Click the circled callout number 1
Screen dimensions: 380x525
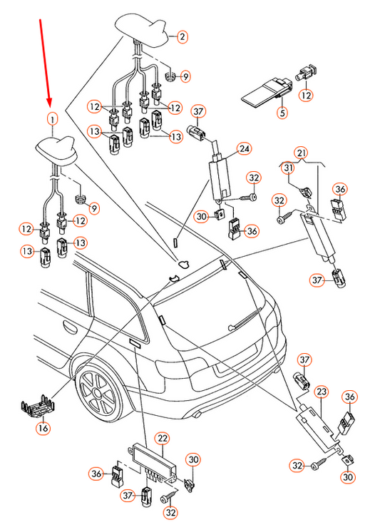52,119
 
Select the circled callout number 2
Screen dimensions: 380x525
183,36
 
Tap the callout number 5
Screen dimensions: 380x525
282,113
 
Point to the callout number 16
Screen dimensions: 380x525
43,428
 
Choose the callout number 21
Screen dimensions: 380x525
302,153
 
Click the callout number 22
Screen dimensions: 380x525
163,438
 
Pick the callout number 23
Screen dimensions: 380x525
322,392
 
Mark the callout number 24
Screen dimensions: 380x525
245,148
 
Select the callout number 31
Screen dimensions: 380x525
288,168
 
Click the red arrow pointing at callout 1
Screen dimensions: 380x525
46,62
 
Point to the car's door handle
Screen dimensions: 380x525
71,328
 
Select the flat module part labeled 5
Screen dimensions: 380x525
266,93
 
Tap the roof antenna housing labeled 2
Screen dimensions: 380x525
143,29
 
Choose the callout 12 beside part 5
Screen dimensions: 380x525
307,95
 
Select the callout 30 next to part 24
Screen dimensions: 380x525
201,217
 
